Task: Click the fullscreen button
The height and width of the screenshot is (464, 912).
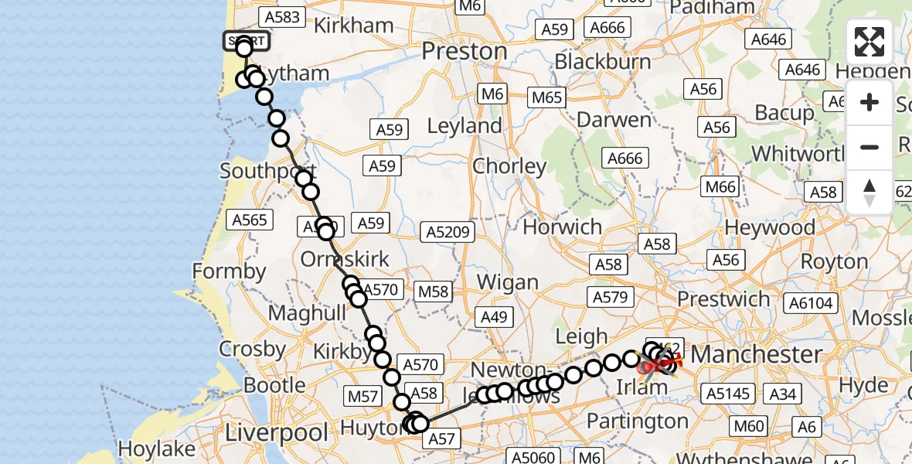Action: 869,42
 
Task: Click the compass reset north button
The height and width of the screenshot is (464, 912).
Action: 869,193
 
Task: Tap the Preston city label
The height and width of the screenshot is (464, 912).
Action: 465,52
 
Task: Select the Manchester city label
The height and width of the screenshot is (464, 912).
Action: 756,354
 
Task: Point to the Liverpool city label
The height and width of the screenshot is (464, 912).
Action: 277,433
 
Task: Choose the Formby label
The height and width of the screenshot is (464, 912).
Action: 229,271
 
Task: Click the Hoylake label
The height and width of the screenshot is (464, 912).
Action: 157,449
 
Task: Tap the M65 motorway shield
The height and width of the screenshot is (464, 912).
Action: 547,97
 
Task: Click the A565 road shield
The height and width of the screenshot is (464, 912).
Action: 250,220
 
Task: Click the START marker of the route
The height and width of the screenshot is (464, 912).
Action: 247,41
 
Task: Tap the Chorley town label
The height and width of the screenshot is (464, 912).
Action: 509,165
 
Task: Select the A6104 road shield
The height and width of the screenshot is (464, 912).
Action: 810,303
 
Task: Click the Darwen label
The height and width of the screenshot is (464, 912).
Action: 614,120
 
